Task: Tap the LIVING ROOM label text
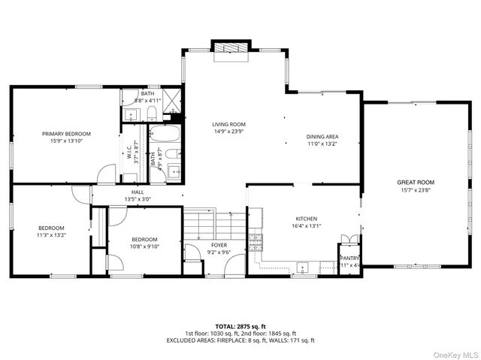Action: pyautogui.click(x=228, y=125)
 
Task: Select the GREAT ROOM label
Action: pyautogui.click(x=416, y=182)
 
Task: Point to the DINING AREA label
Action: pyautogui.click(x=321, y=137)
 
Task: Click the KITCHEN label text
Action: pyautogui.click(x=306, y=219)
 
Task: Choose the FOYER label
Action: pyautogui.click(x=219, y=245)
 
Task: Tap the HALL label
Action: pyautogui.click(x=138, y=192)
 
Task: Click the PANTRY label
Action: pyautogui.click(x=349, y=257)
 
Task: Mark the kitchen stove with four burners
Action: pyautogui.click(x=256, y=241)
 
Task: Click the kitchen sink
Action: pyautogui.click(x=303, y=266)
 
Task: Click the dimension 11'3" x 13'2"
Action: pyautogui.click(x=52, y=235)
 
